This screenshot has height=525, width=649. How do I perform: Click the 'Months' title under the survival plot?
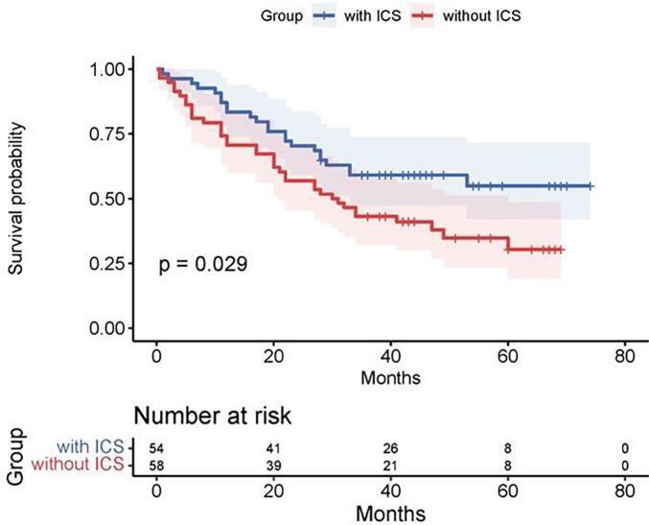(x=389, y=378)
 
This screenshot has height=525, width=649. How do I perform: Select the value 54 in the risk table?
(x=156, y=448)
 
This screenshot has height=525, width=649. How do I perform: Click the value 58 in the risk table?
(x=156, y=465)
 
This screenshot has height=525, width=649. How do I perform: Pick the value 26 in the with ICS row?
(x=389, y=448)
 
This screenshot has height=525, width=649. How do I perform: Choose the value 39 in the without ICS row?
(x=273, y=465)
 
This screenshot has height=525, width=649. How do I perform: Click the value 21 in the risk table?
(x=389, y=465)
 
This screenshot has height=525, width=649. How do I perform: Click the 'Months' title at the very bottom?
(x=389, y=513)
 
